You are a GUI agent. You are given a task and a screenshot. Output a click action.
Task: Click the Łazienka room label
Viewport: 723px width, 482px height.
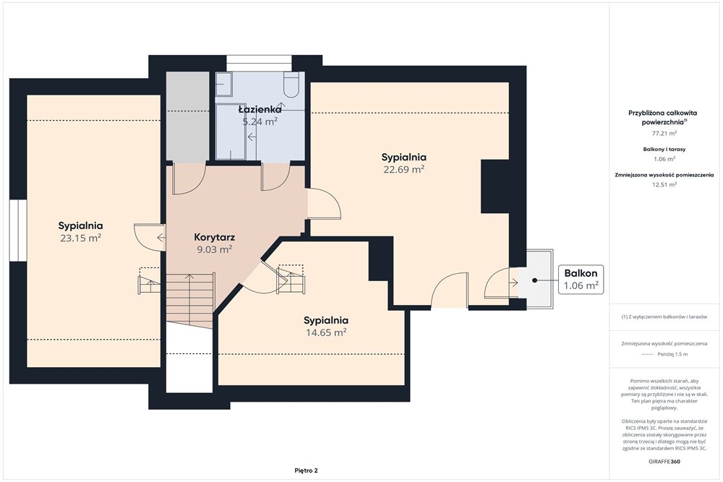tap(260, 110)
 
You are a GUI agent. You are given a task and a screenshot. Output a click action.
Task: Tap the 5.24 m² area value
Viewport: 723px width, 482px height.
tap(260, 121)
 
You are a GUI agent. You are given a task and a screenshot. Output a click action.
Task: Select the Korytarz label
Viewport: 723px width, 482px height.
tap(215, 237)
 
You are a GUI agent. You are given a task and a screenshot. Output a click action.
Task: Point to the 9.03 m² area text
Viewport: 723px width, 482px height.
tap(215, 249)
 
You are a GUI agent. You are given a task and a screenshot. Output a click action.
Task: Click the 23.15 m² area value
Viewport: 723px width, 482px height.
tap(81, 238)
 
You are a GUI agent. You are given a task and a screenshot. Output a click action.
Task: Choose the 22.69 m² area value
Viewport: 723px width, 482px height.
tap(404, 169)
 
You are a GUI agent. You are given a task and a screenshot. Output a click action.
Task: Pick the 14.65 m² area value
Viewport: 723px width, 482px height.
tap(326, 332)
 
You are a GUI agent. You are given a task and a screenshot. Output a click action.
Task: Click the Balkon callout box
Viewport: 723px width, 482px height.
tap(581, 280)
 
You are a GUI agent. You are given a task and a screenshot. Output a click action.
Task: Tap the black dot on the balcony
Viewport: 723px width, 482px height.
tap(534, 280)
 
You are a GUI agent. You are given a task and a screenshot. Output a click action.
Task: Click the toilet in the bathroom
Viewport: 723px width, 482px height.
tap(291, 85)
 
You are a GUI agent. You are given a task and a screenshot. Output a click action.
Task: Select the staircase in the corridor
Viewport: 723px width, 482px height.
tap(190, 299)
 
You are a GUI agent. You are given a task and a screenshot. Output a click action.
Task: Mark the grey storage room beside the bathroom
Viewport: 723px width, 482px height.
tap(187, 117)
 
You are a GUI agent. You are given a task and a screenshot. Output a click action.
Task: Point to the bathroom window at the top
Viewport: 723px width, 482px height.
tap(259, 63)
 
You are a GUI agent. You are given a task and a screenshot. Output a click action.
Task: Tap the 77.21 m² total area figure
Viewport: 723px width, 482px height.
tap(664, 133)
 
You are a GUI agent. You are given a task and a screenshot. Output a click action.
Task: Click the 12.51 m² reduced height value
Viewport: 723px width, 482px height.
tap(664, 184)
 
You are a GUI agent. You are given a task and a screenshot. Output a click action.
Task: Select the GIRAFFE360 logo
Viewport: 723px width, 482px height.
tap(664, 461)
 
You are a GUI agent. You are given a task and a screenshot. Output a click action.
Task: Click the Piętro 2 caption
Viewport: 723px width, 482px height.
tap(306, 470)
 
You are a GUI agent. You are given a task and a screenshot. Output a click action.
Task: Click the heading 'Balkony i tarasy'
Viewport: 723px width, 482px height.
tap(664, 150)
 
